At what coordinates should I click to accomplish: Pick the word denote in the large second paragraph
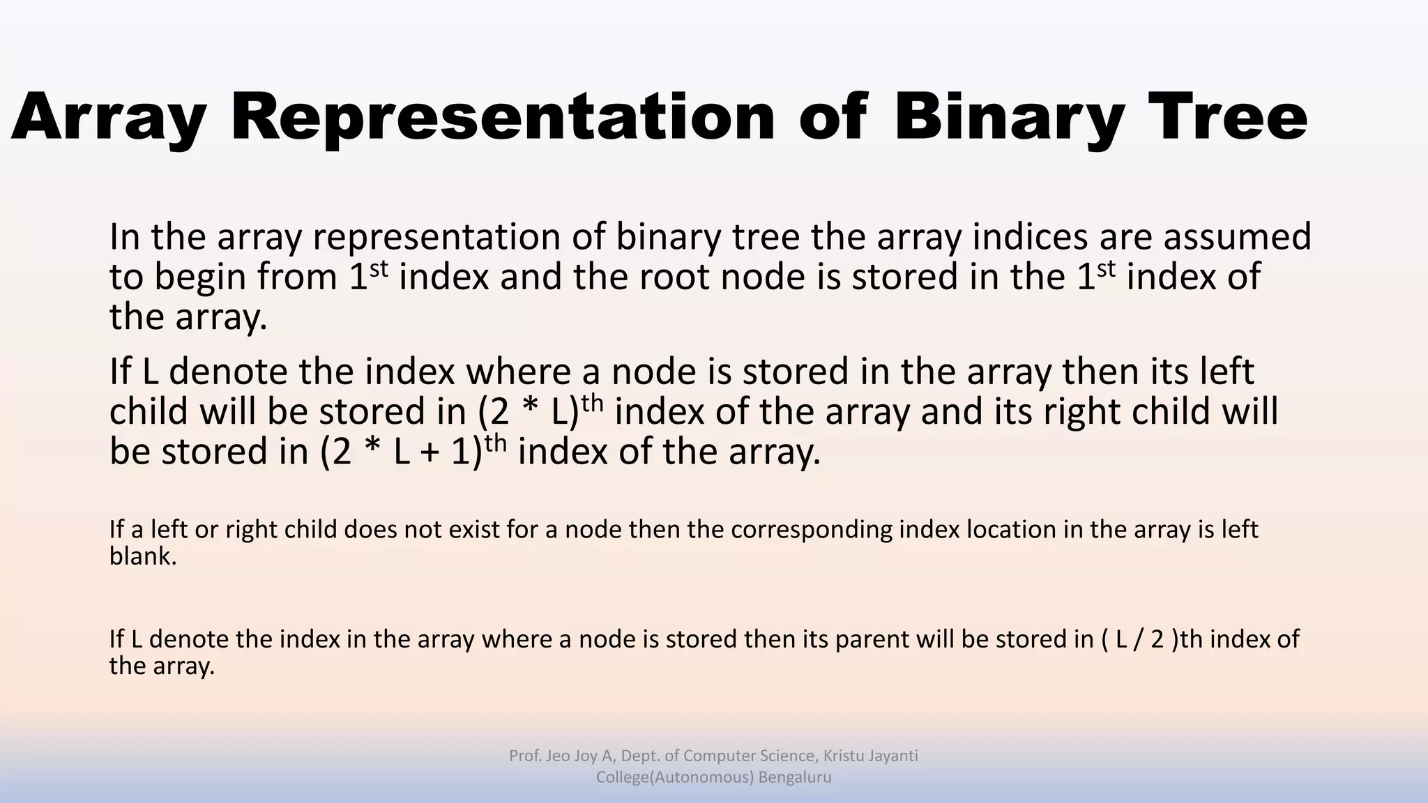pos(227,371)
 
